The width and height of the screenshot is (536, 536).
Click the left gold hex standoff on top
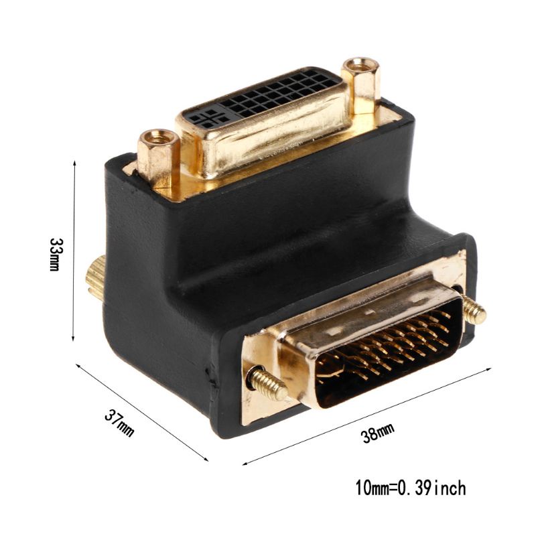point(158,155)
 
